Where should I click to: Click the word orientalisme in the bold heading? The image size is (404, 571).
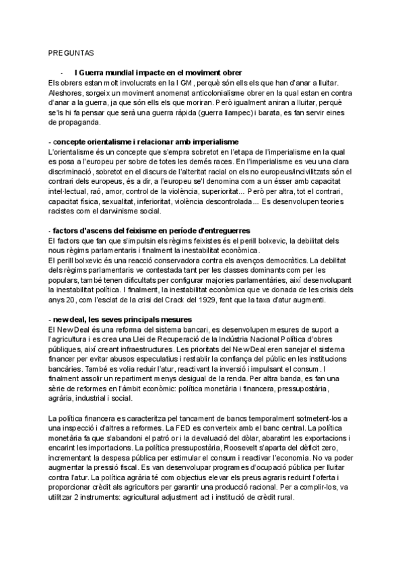pos(108,142)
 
